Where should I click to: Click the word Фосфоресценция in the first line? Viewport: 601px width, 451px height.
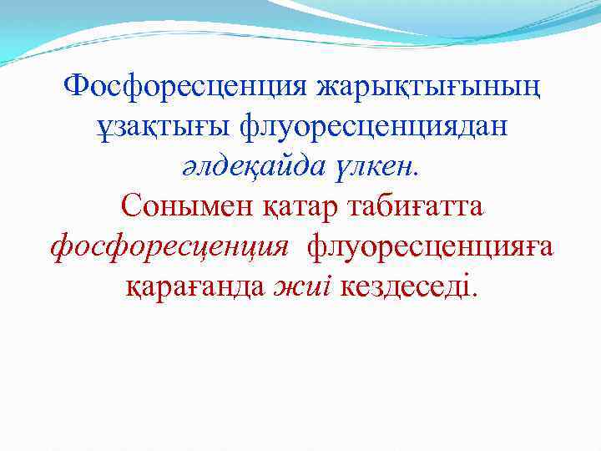184,86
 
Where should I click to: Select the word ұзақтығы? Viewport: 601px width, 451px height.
161,127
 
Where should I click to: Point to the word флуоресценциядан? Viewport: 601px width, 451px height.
374,127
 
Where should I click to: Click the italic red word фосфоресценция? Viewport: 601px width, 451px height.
169,247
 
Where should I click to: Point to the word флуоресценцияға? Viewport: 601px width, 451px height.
431,247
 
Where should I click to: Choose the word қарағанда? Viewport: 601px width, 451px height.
194,287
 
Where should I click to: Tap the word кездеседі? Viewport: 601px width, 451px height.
405,287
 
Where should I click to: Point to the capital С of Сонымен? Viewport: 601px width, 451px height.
130,206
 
